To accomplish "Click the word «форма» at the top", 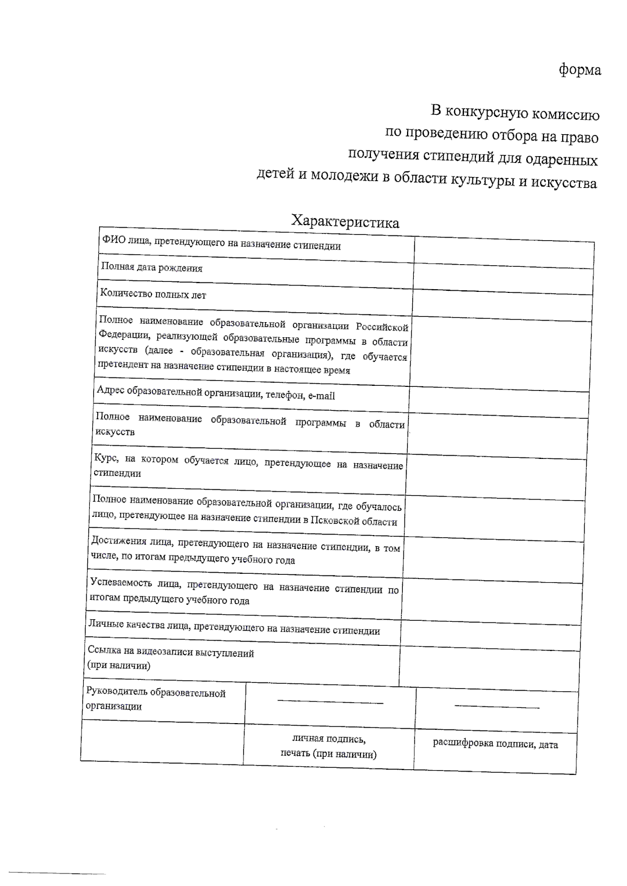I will [579, 69].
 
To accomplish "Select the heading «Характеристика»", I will [345, 222].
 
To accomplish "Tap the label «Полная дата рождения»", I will [152, 268].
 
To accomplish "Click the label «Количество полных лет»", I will [153, 294].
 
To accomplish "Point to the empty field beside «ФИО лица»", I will [504, 253].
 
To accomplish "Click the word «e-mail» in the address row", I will [321, 396].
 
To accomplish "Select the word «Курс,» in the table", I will [107, 458].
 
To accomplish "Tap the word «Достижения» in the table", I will [117, 540].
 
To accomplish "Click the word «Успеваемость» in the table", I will [120, 582].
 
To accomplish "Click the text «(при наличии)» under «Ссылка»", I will [119, 665].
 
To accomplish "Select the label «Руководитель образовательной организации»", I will [155, 699].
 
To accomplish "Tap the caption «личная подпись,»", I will [329, 739].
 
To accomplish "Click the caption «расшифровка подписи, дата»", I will [495, 744].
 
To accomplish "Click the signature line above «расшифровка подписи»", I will [496, 707].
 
